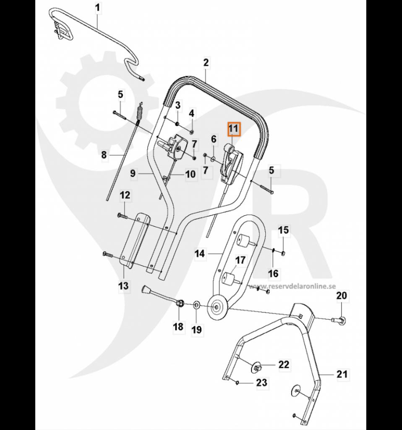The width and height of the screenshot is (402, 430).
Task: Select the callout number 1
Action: pyautogui.click(x=98, y=8)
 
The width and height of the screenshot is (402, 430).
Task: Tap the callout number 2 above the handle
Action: pyautogui.click(x=206, y=63)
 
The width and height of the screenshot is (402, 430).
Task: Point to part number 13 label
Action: pyautogui.click(x=123, y=286)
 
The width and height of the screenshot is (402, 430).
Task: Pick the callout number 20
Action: pyautogui.click(x=342, y=296)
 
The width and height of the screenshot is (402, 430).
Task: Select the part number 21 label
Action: pyautogui.click(x=342, y=374)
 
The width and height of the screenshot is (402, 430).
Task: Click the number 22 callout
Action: pyautogui.click(x=284, y=365)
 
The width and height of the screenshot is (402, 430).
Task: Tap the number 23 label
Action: pyautogui.click(x=261, y=383)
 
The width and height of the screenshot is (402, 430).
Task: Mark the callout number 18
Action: pyautogui.click(x=178, y=326)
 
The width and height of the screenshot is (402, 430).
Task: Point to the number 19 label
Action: pyautogui.click(x=197, y=330)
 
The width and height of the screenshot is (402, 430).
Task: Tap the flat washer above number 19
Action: pyautogui.click(x=196, y=304)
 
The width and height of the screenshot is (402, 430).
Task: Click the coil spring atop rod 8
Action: pyautogui.click(x=141, y=115)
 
